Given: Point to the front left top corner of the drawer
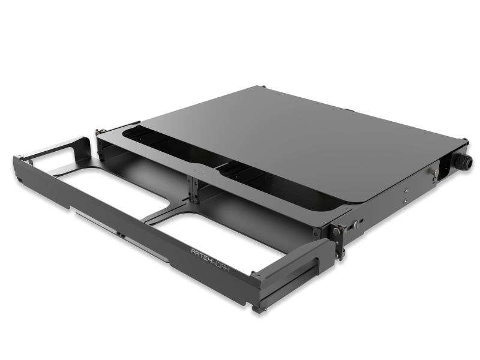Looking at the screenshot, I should [x=16, y=158].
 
